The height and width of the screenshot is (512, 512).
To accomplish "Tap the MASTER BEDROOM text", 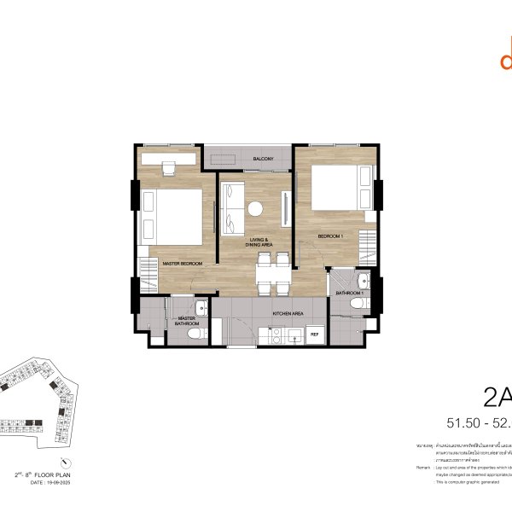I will coord(183,264).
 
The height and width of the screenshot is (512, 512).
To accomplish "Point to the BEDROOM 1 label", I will coord(330,236).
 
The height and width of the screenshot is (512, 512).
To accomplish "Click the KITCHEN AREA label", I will coord(288,314).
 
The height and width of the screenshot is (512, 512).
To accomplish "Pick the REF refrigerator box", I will coord(314,334).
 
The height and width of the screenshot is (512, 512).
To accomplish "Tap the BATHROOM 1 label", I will coord(350,293).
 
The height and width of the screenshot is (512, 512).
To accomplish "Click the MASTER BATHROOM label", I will coord(188,322).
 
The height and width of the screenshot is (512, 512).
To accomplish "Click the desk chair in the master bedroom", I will coord(169,168).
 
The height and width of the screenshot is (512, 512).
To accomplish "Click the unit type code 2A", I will coord(497,398).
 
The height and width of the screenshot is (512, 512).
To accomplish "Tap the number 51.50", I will coord(465,423).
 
